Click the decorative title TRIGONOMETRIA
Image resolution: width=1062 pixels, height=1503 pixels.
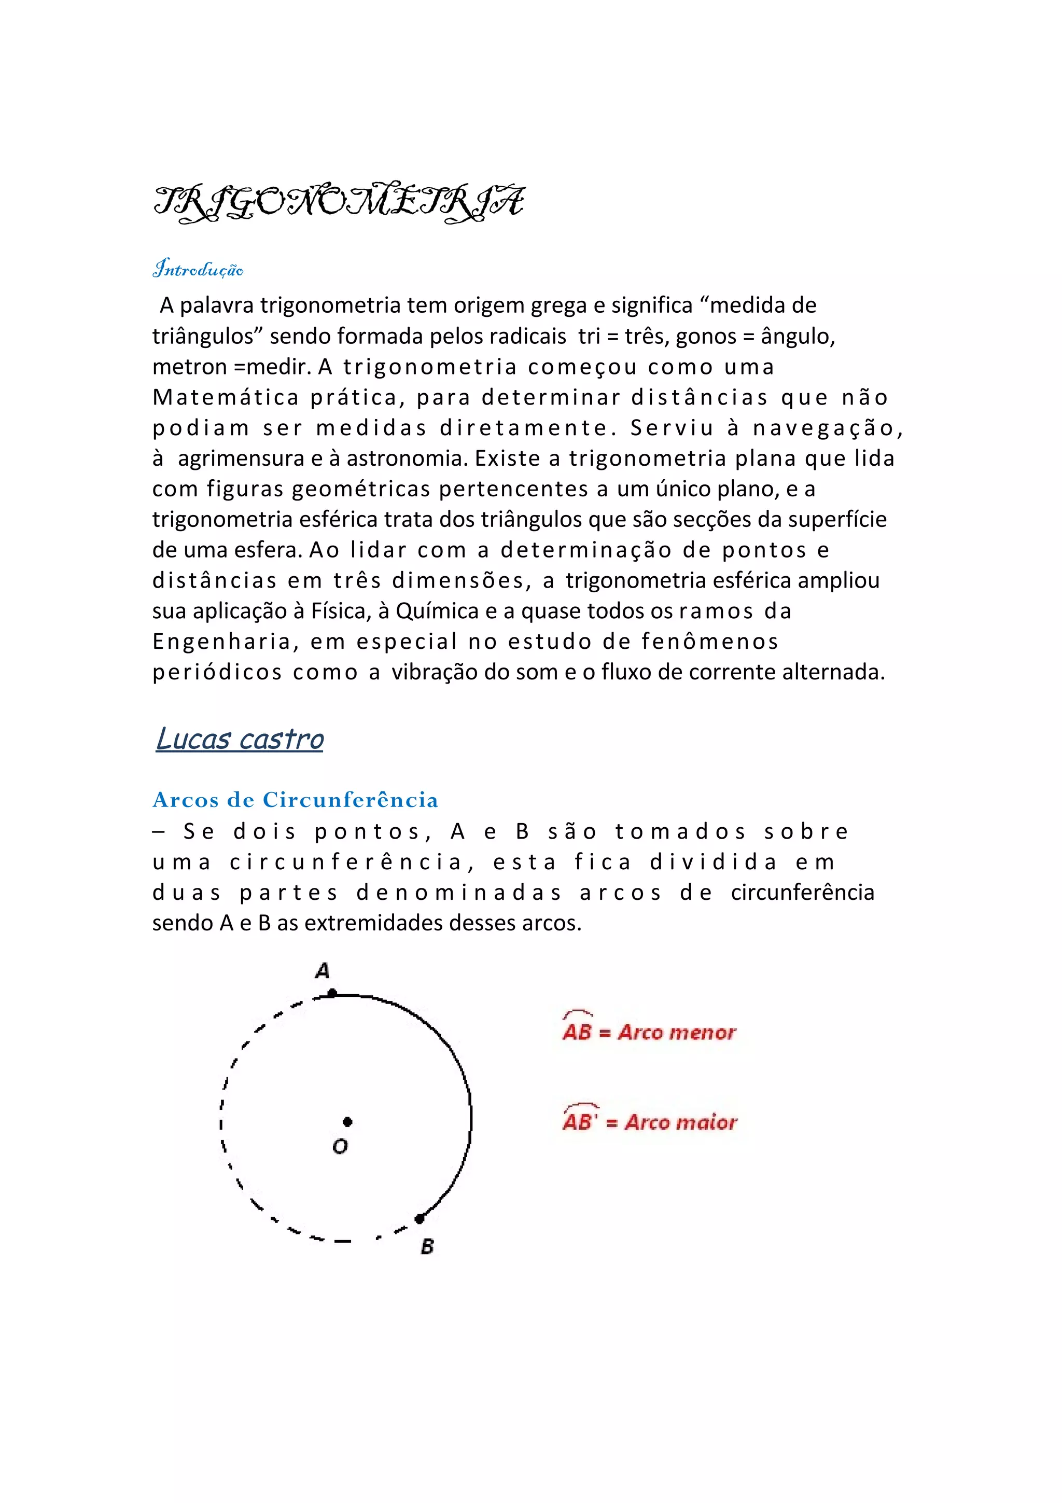pyautogui.click(x=338, y=202)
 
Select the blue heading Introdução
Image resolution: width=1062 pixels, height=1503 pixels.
pyautogui.click(x=198, y=269)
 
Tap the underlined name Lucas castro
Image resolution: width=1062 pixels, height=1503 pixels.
pyautogui.click(x=240, y=739)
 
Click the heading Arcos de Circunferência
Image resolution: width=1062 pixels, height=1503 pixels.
pyautogui.click(x=295, y=800)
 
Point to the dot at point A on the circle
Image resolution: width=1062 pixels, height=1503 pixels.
pyautogui.click(x=332, y=993)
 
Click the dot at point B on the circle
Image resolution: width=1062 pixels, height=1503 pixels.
pyautogui.click(x=420, y=1219)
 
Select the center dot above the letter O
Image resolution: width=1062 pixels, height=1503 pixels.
pyautogui.click(x=347, y=1122)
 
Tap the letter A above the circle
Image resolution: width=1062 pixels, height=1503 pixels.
pyautogui.click(x=322, y=970)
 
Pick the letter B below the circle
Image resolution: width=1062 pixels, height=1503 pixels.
pyautogui.click(x=427, y=1246)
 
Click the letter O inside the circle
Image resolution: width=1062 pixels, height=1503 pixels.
pyautogui.click(x=340, y=1146)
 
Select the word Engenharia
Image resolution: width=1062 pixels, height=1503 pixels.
pyautogui.click(x=222, y=642)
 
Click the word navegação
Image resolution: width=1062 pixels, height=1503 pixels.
pyautogui.click(x=828, y=428)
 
